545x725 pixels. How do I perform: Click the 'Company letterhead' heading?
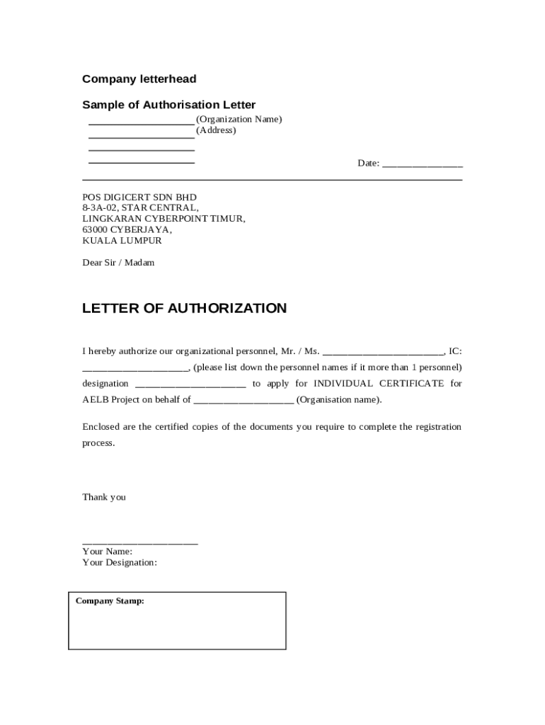139,79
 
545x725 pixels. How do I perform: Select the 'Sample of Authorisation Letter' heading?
168,105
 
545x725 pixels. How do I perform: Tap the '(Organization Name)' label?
239,119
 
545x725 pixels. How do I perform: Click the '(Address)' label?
216,130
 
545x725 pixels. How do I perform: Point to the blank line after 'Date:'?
423,164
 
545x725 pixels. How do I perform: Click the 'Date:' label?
368,164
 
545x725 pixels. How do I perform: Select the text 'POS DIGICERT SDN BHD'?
139,197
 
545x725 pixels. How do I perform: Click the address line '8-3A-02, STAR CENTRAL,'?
140,207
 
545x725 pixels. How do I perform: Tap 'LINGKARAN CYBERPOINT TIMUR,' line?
163,219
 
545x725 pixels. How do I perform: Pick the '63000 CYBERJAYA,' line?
127,229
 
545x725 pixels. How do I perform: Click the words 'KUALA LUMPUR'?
122,241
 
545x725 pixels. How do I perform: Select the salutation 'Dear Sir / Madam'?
118,263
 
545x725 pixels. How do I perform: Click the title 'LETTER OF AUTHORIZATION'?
184,308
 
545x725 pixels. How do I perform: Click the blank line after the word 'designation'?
190,384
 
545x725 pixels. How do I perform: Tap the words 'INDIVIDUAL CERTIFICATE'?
369,384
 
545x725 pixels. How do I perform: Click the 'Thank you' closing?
104,497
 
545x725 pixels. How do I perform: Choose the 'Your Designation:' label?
120,563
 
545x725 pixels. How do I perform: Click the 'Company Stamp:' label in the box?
110,601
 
